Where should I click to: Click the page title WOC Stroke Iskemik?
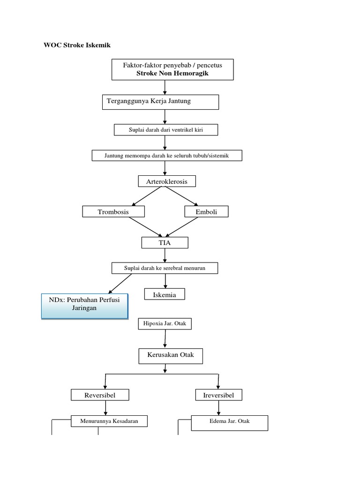[x=77, y=45]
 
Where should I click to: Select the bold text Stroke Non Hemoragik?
[x=172, y=73]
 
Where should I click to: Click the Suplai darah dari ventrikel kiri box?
[x=166, y=129]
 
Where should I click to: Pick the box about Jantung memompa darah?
[x=166, y=156]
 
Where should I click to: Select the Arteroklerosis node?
[x=166, y=181]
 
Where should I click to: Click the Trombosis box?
[x=113, y=212]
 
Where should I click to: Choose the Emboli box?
[x=207, y=212]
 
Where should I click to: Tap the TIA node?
[x=165, y=242]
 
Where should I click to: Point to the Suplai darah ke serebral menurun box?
[x=165, y=268]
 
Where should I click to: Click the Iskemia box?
[x=165, y=294]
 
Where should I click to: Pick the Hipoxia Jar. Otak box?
[x=165, y=323]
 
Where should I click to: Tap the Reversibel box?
[x=100, y=395]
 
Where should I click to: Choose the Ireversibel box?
[x=218, y=395]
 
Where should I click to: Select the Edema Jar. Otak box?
[x=229, y=421]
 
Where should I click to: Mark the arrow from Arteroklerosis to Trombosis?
[x=147, y=196]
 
